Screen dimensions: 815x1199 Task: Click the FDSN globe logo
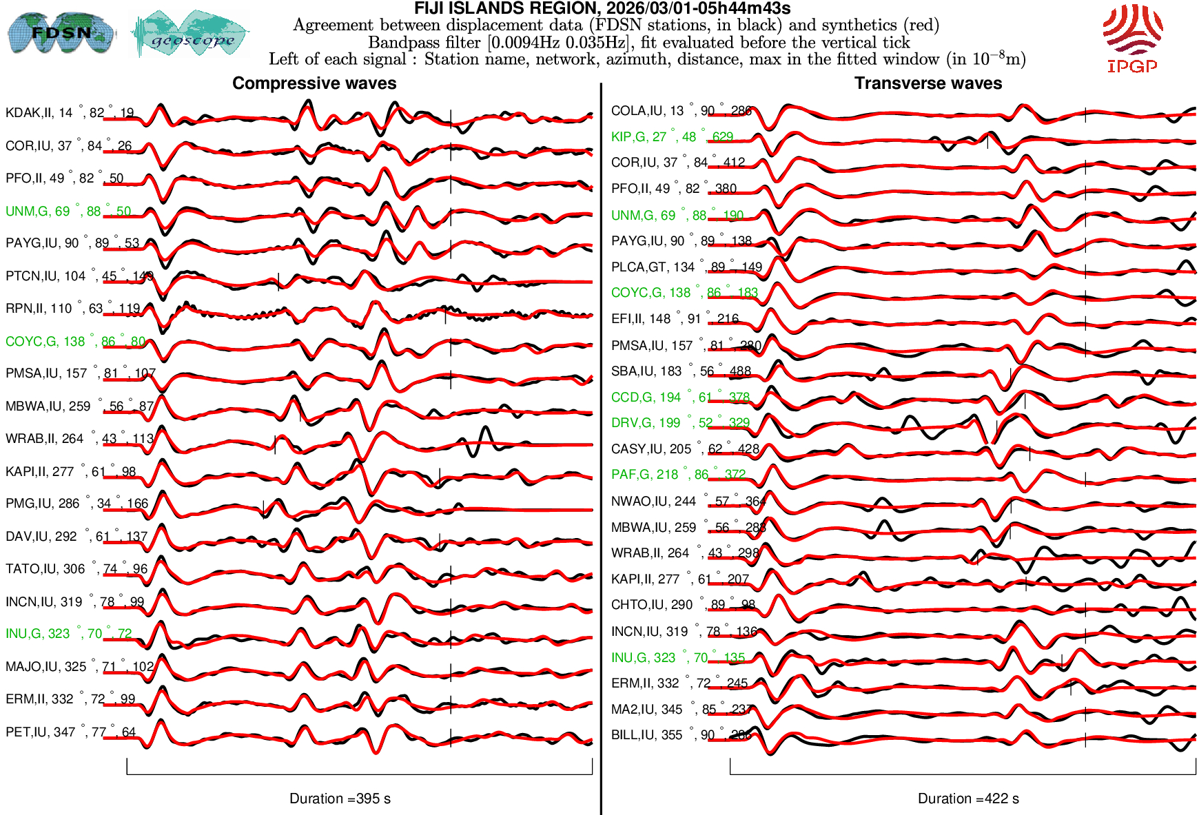click(x=61, y=32)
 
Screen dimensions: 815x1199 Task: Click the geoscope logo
click(x=191, y=34)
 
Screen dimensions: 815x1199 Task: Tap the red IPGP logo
click(x=1132, y=38)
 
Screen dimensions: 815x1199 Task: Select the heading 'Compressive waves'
click(x=314, y=83)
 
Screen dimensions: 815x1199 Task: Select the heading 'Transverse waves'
click(x=928, y=83)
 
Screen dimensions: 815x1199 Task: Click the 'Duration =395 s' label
click(x=340, y=798)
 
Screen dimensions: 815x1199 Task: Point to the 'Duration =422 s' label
click(x=968, y=798)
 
